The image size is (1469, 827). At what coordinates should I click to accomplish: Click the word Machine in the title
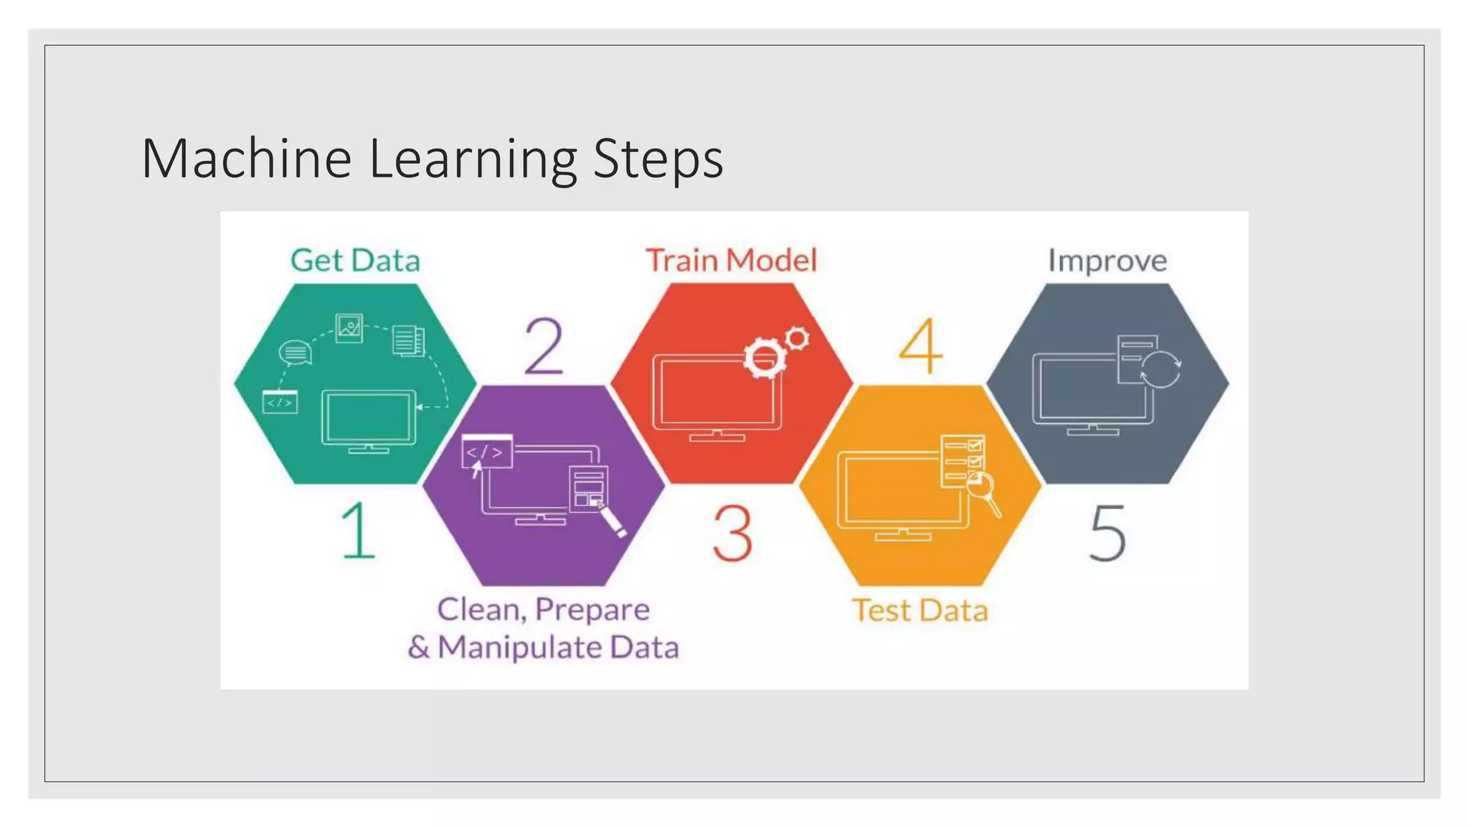pos(246,159)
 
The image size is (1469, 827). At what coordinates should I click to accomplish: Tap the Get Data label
pos(355,261)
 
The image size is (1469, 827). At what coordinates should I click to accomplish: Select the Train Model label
pos(731,260)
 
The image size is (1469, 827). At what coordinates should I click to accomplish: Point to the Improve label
pos(1107,261)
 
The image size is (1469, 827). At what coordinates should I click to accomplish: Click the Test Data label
pos(920,610)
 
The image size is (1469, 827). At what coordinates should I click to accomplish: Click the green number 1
pos(358,531)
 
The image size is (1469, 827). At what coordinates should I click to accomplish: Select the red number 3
pos(732,533)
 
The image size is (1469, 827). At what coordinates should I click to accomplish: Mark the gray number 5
pos(1107,533)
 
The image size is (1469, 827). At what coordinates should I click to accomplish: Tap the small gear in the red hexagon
pos(797,337)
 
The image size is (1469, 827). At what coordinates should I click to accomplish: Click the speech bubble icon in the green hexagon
pos(295,352)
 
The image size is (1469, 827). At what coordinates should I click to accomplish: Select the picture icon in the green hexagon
pos(349,328)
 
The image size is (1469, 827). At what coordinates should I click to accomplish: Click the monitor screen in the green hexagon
pos(369,418)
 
